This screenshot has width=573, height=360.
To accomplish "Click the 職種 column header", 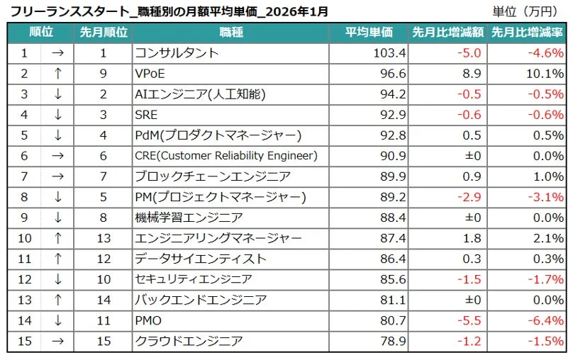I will [x=231, y=33].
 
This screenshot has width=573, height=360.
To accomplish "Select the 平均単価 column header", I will [x=369, y=33].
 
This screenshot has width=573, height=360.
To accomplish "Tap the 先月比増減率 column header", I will [x=527, y=33].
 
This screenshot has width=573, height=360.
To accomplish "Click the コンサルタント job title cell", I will [x=177, y=53].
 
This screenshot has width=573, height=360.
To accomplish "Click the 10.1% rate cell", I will [x=547, y=74].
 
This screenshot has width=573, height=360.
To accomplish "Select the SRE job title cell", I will [x=146, y=115].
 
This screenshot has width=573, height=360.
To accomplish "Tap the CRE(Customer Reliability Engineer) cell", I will [x=226, y=156].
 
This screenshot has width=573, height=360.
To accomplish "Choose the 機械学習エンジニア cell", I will [x=189, y=218].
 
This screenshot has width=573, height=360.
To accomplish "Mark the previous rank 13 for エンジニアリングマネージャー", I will [x=103, y=238].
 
